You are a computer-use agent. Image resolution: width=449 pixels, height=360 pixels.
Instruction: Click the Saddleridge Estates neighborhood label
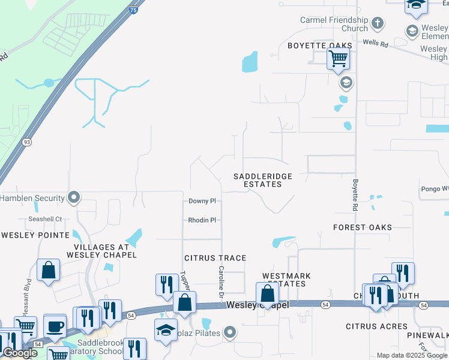point(262,180)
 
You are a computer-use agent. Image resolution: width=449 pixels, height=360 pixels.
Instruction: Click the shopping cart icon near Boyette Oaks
point(339,59)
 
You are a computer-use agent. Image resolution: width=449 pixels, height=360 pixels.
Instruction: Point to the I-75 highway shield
point(133,10)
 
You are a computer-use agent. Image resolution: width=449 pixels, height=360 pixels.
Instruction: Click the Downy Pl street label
point(202,201)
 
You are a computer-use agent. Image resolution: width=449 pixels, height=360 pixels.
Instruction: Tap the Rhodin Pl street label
point(202,220)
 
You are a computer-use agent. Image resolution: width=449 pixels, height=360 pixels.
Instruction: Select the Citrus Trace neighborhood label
point(215,258)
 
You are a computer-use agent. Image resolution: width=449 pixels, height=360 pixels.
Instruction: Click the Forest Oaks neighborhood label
point(363,227)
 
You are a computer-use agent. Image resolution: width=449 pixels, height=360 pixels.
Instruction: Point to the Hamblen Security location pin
point(74,197)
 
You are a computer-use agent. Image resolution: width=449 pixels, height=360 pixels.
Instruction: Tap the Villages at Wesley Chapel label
point(105,251)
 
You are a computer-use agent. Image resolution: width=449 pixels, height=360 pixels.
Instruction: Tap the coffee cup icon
point(55,326)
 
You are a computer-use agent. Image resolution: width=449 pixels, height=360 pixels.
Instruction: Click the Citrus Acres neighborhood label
point(376,326)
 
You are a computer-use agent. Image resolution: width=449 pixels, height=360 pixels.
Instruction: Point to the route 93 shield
point(27,142)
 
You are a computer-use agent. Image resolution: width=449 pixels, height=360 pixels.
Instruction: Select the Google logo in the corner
point(20,353)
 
